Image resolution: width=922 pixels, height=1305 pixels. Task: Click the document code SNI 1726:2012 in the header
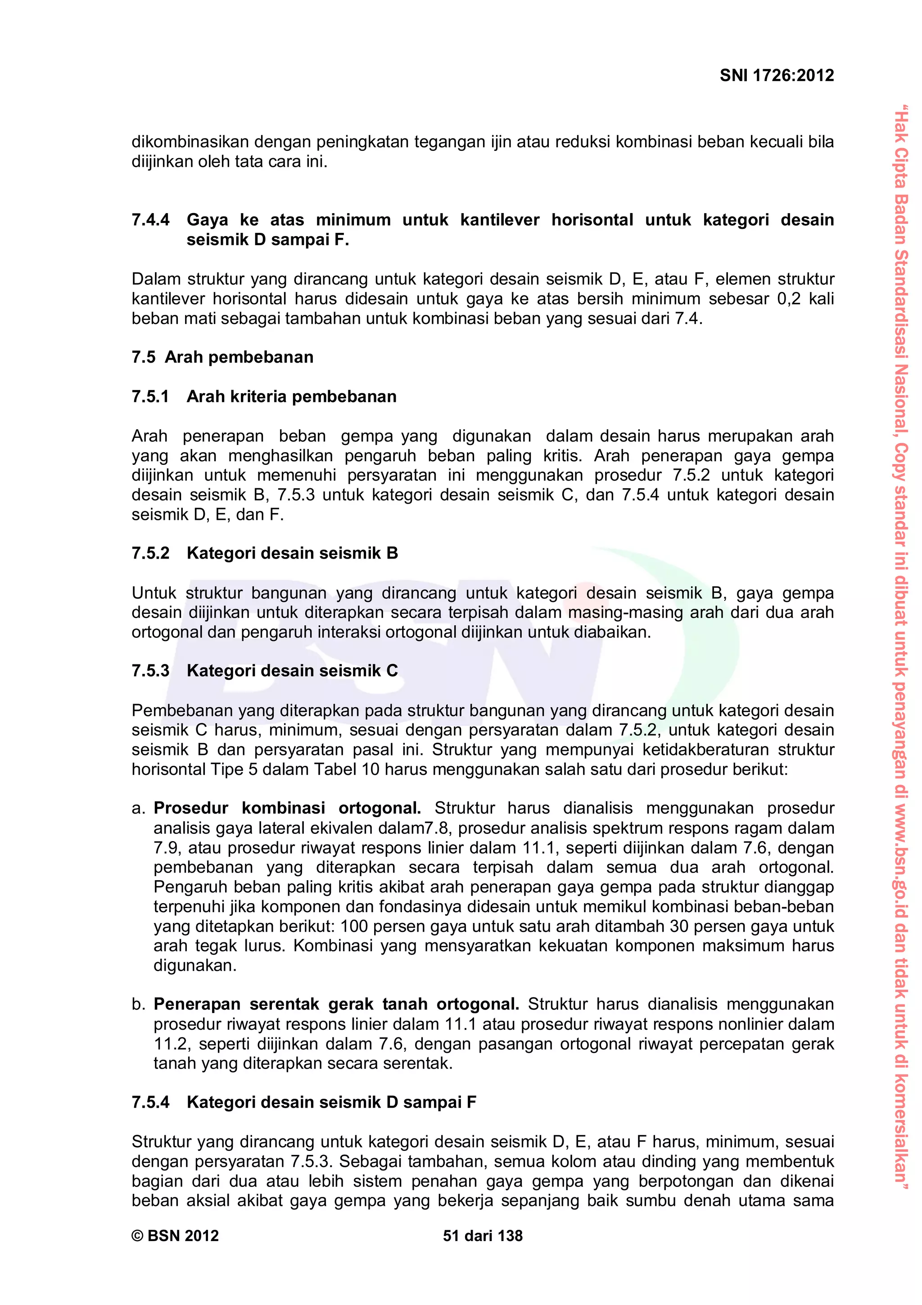click(x=776, y=76)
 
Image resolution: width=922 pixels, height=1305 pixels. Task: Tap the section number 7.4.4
click(x=150, y=220)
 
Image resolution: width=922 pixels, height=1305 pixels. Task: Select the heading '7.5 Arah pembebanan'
click(x=222, y=357)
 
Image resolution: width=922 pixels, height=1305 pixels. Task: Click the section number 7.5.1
click(x=150, y=396)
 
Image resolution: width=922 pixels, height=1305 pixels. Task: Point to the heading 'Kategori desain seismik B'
click(x=292, y=553)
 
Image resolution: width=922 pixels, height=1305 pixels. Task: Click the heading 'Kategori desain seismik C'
click(x=292, y=671)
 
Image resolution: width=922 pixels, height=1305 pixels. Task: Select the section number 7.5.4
click(x=150, y=1102)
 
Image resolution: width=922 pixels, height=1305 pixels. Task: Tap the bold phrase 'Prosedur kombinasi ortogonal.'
click(x=287, y=808)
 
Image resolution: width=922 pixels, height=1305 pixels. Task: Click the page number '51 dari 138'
click(x=482, y=1236)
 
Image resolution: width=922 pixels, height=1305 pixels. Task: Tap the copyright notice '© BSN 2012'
click(x=175, y=1236)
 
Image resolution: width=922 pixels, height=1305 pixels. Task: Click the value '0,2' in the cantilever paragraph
click(x=788, y=299)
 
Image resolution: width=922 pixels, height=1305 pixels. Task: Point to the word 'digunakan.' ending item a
click(x=195, y=965)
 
